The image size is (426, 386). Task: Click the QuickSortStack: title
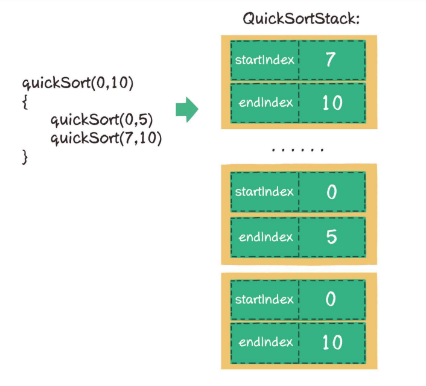(301, 19)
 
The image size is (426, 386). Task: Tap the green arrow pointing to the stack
(187, 110)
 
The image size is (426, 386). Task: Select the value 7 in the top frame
(331, 59)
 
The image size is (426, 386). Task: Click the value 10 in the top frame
(332, 103)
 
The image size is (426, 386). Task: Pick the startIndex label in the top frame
(265, 60)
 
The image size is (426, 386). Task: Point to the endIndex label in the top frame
(265, 103)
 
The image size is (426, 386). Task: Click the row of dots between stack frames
(298, 150)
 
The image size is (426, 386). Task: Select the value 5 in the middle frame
(331, 236)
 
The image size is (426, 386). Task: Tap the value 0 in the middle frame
(331, 192)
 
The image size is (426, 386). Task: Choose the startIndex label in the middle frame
(264, 192)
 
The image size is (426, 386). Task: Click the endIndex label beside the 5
(265, 237)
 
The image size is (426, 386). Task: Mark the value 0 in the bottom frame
(331, 299)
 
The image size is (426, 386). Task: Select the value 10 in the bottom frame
(332, 342)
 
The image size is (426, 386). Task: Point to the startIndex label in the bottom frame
(264, 300)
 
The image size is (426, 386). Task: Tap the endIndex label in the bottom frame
(265, 342)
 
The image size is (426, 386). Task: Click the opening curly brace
(25, 103)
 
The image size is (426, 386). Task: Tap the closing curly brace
(25, 157)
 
